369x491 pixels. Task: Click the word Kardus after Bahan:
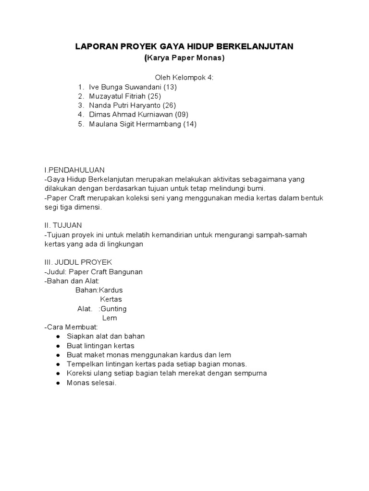(111, 290)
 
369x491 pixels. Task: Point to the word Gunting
(114, 309)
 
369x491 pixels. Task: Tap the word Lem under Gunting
(110, 318)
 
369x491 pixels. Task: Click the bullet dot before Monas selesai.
(58, 383)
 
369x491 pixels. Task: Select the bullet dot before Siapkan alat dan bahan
(58, 337)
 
